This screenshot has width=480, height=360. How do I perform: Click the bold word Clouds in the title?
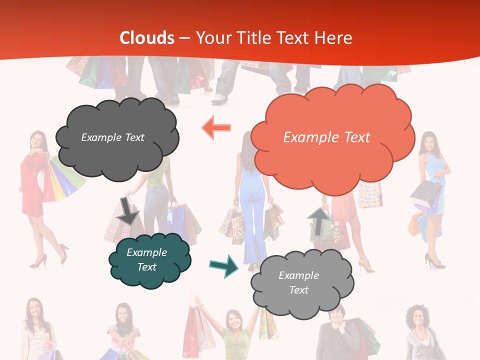[x=147, y=38]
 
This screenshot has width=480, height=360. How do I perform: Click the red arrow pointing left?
[x=216, y=128]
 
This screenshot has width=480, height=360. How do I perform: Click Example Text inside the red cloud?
[x=326, y=137]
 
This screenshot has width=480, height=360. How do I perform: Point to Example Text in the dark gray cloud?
[x=112, y=137]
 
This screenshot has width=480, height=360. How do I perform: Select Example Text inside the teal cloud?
[x=146, y=259]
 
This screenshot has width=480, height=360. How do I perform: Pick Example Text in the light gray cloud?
[x=298, y=282]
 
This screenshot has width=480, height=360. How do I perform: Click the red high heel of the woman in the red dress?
[x=37, y=261]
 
